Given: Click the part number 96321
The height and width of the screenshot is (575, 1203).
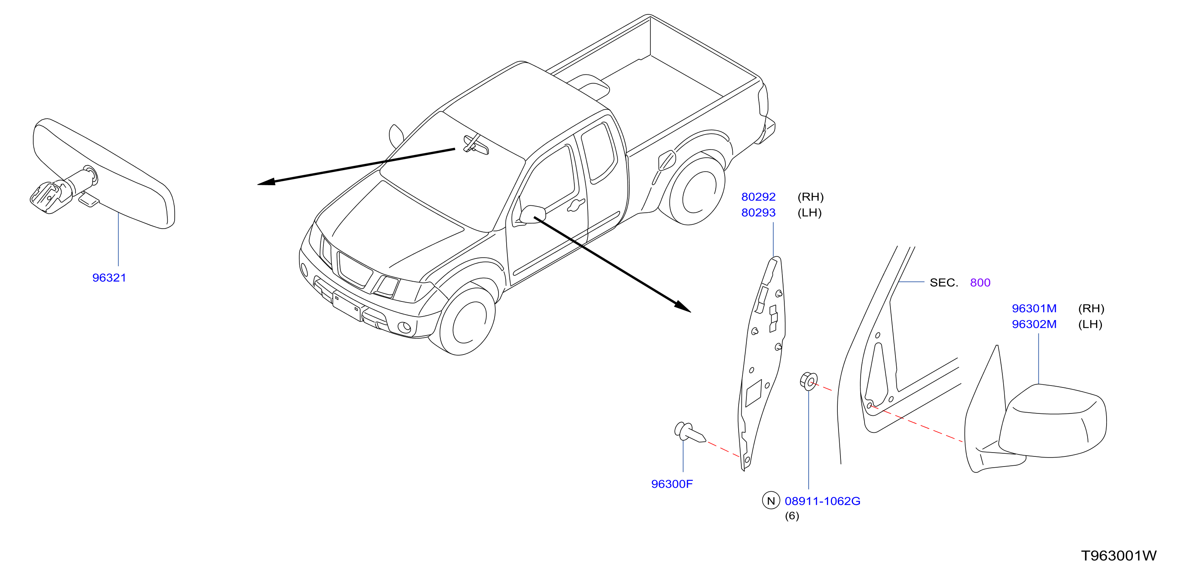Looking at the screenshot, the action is coord(109,278).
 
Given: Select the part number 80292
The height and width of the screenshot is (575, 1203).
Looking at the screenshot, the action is coord(758,197).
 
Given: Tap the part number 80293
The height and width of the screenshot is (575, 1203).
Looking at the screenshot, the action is coord(758,213).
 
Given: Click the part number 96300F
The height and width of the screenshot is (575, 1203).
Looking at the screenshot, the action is coord(672,484).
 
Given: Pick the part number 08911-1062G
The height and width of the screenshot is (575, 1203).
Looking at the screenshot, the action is coord(822,501).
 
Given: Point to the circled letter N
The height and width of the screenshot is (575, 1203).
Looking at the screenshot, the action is coord(771,501).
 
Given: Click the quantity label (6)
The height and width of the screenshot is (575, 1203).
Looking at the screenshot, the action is coord(792,516).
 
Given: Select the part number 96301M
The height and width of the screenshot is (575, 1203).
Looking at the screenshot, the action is coord(1035,309).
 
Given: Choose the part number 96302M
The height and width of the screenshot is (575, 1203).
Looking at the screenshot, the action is coord(1035,324).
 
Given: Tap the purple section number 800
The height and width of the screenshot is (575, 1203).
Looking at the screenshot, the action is coord(980,282).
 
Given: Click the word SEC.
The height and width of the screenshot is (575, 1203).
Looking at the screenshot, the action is coord(944,282).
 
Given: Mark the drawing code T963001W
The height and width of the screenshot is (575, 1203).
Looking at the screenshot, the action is coord(1119,556).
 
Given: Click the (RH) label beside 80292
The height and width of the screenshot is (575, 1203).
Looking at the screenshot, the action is coord(811,197).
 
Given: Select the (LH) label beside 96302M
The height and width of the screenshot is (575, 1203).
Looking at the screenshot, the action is coord(1090,324).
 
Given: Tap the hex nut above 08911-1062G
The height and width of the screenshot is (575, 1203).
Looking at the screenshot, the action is coord(808,381).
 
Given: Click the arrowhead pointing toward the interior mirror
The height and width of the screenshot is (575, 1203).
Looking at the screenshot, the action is coord(266,182).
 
